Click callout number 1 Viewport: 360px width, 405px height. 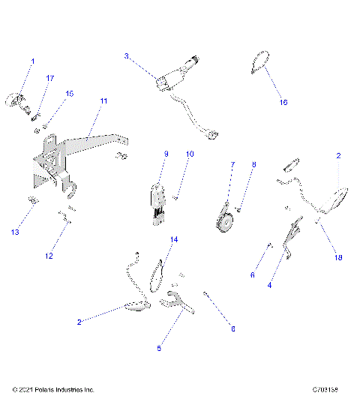coord(32,60)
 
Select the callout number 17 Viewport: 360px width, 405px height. coord(50,78)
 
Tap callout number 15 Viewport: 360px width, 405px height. coord(70,94)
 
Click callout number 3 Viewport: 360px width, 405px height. coord(127,55)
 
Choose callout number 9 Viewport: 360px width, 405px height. coord(166,154)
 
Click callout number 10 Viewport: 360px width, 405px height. coord(190,154)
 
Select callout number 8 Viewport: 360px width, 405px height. coord(253,163)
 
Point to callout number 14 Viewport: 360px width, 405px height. coord(173,240)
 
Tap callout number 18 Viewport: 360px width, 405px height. coord(338,256)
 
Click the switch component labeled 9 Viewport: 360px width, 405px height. coord(159,199)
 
